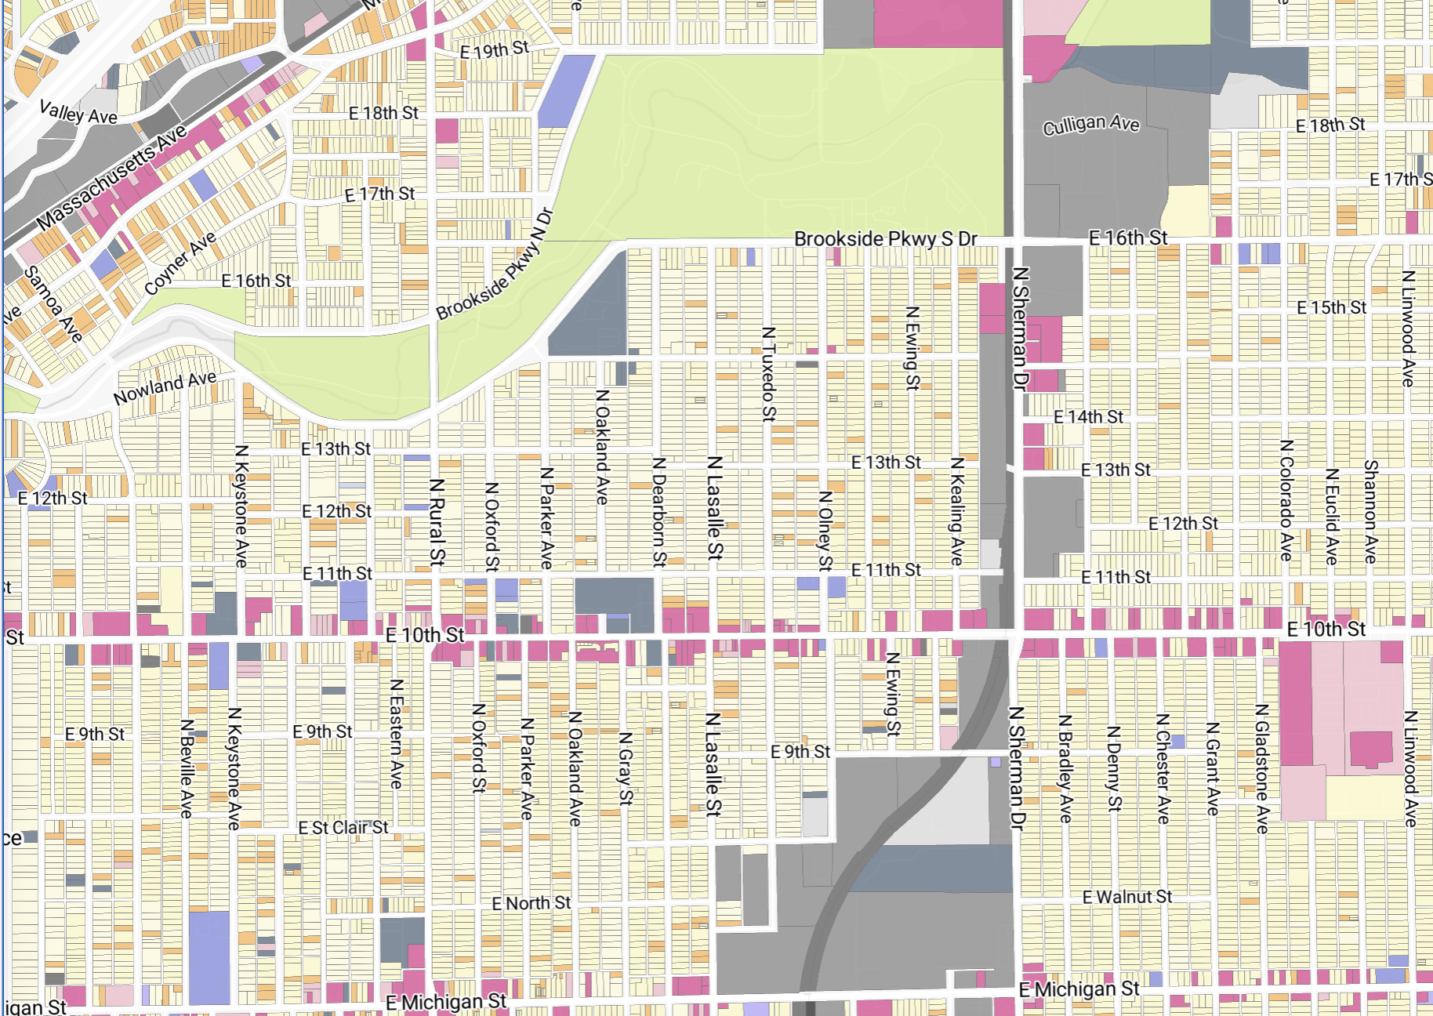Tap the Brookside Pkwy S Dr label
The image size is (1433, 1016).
tap(885, 238)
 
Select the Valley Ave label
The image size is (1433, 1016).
tap(78, 113)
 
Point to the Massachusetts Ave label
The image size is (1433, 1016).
tap(111, 177)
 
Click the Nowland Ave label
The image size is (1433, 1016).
tap(165, 388)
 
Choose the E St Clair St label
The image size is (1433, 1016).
tap(343, 828)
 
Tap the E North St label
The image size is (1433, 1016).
tap(531, 903)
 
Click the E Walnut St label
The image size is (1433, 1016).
tap(1126, 897)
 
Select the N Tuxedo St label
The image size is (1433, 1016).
tap(768, 374)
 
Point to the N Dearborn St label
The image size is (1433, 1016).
tap(659, 512)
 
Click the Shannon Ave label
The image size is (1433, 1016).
tap(1370, 511)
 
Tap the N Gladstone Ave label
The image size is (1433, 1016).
tap(1261, 768)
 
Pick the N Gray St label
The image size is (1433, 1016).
tap(625, 768)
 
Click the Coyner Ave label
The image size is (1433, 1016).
tap(180, 263)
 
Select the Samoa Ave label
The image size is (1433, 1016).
tap(54, 304)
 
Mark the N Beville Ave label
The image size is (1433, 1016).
tap(187, 768)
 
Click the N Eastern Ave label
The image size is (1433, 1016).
tap(397, 734)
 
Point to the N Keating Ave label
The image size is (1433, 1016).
tap(957, 511)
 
